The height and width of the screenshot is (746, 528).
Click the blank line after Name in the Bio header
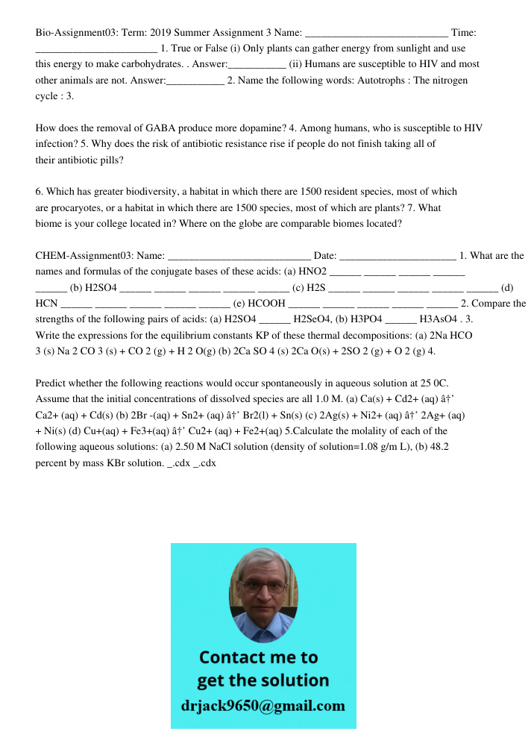(x=377, y=33)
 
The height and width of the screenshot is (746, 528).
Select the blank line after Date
(x=397, y=256)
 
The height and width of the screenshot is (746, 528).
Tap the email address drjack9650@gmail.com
(x=263, y=706)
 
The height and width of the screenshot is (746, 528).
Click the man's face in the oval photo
(x=262, y=593)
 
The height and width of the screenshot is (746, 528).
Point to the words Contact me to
(x=258, y=657)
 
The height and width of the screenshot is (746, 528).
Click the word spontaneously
(x=319, y=383)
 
